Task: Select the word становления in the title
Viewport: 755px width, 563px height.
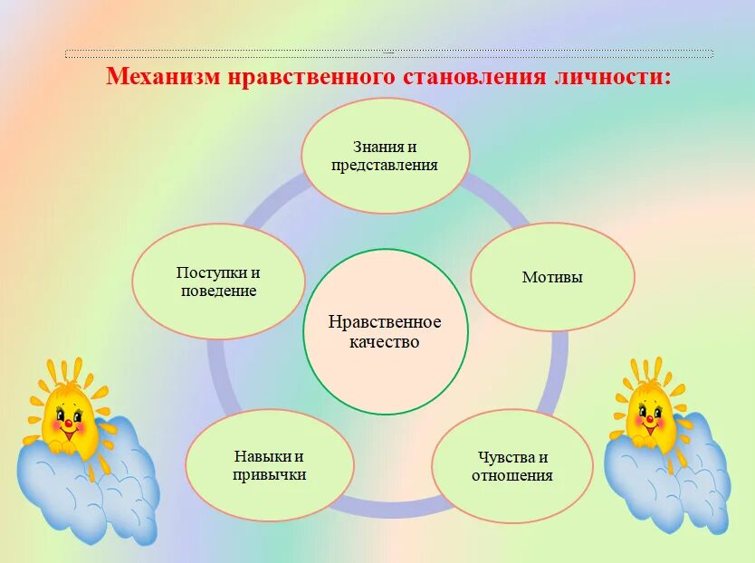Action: [x=470, y=76]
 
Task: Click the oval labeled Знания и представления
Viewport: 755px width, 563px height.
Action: [x=385, y=156]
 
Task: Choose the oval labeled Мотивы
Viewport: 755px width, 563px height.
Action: [x=552, y=277]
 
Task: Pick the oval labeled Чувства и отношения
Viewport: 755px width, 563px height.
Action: [x=511, y=466]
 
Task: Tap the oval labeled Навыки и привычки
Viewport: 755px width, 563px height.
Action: [x=269, y=465]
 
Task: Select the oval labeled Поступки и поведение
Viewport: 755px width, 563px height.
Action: [x=218, y=281]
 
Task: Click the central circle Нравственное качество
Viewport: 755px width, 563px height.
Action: [x=385, y=331]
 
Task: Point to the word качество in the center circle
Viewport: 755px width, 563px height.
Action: [x=385, y=342]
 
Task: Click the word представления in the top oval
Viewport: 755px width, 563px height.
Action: [x=385, y=166]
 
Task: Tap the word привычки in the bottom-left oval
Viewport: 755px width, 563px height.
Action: [x=269, y=475]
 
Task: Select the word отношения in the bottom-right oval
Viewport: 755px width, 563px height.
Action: [x=511, y=476]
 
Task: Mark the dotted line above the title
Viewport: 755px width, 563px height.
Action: [x=389, y=54]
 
